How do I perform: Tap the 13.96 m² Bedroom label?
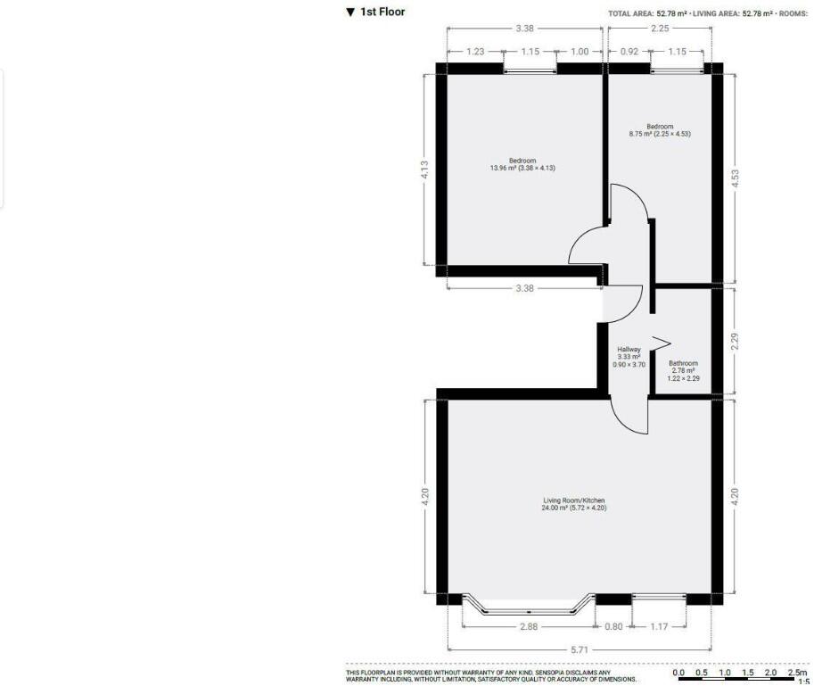pyautogui.click(x=522, y=164)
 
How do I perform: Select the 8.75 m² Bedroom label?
pyautogui.click(x=660, y=130)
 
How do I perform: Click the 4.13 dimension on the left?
pyautogui.click(x=425, y=169)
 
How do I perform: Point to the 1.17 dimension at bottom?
pyautogui.click(x=659, y=626)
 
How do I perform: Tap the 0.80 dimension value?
pyautogui.click(x=613, y=626)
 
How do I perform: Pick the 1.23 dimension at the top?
pyautogui.click(x=474, y=52)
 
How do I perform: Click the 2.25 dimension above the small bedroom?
pyautogui.click(x=660, y=29)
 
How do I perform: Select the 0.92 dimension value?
pyautogui.click(x=629, y=52)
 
